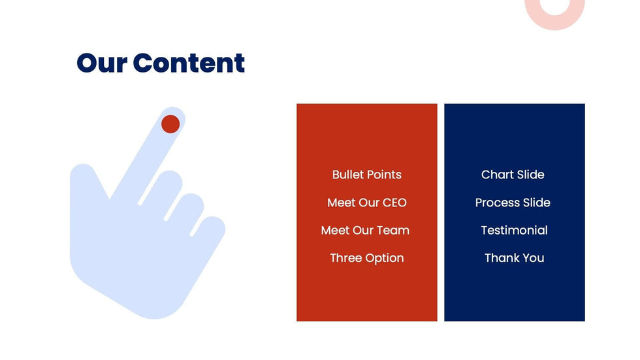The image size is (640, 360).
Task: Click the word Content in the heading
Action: tap(189, 63)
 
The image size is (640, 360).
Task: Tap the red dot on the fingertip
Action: tap(170, 124)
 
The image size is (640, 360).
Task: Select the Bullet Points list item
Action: tap(366, 174)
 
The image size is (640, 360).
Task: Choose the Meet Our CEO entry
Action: tap(366, 203)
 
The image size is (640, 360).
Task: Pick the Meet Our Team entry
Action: tap(365, 230)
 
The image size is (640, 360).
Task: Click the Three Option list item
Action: tap(366, 258)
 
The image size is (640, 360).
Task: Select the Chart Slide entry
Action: tap(513, 174)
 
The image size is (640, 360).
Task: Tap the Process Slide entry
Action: tap(513, 203)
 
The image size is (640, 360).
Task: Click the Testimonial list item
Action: tap(515, 230)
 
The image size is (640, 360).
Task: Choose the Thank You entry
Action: tap(515, 258)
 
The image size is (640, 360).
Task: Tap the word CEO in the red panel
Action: tap(394, 203)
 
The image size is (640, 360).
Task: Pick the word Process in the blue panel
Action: tap(495, 203)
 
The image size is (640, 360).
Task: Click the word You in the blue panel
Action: tap(534, 258)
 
